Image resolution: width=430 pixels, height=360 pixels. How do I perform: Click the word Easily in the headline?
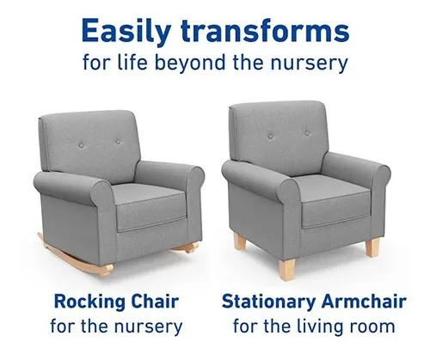pos(126,31)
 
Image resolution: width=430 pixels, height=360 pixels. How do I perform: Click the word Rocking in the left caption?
pos(89,302)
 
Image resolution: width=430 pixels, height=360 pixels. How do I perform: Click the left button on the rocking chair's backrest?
pos(82,145)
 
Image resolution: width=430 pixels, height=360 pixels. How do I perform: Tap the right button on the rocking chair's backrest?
pos(118,141)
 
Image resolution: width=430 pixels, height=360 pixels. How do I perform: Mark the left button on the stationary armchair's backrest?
pos(271,137)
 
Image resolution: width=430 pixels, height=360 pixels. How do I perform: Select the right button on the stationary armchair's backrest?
pos(307,133)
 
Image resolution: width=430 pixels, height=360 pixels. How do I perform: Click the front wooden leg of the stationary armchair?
pos(286,269)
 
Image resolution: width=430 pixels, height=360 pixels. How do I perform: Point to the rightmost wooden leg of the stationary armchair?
pos(372,248)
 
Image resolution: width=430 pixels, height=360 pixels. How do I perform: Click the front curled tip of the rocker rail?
pos(107,270)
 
